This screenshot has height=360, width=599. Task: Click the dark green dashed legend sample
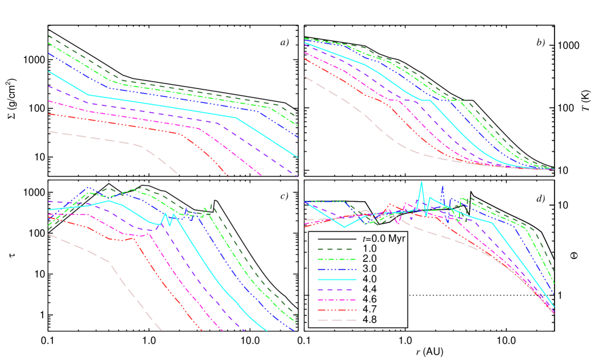click(x=337, y=249)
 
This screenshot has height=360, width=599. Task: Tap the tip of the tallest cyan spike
click(x=421, y=182)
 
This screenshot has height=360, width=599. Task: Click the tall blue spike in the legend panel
click(x=443, y=187)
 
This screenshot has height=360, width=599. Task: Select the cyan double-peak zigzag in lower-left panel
click(x=169, y=218)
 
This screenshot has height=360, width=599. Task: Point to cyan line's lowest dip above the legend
click(x=345, y=227)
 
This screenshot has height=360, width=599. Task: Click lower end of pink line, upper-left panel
click(x=177, y=174)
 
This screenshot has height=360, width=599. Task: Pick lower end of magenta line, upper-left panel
click(x=261, y=175)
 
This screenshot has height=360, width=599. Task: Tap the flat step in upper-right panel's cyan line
click(x=425, y=100)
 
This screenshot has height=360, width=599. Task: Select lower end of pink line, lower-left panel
click(x=161, y=330)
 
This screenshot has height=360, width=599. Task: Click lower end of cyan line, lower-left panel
click(x=266, y=330)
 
